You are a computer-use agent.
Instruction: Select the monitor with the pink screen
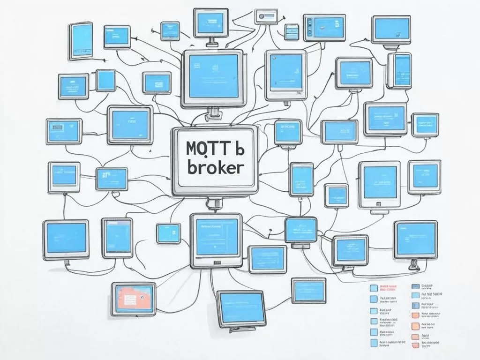(x=133, y=298)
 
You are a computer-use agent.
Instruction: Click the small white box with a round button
(x=266, y=16)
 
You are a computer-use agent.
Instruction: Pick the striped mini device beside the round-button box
(x=292, y=32)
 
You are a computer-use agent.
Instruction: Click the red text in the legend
(x=388, y=287)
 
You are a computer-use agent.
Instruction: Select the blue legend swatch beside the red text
(x=374, y=288)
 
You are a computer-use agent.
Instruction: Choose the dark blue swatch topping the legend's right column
(x=415, y=286)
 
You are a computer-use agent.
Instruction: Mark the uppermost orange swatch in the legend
(x=415, y=315)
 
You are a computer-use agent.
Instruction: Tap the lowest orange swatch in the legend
(x=415, y=346)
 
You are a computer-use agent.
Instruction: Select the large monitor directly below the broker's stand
(x=216, y=240)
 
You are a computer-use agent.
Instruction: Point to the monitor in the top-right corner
(x=391, y=30)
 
